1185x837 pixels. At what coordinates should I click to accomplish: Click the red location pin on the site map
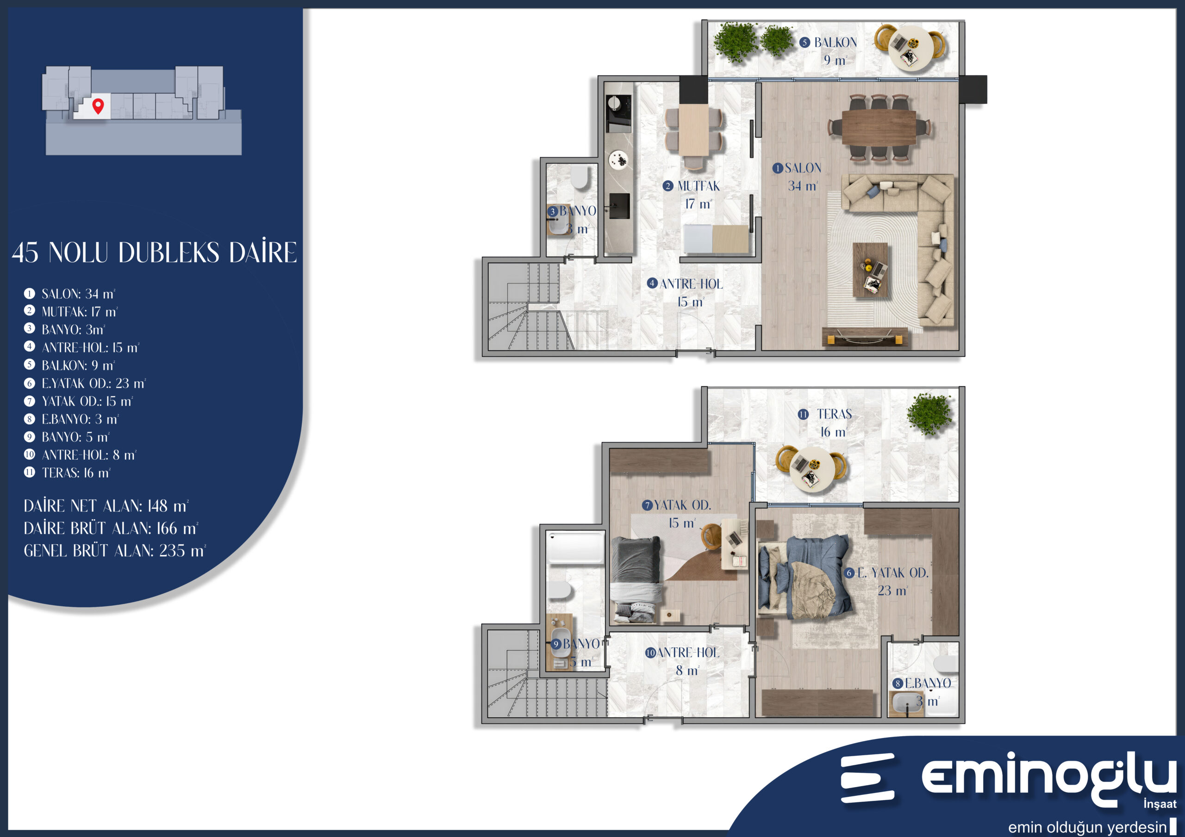98,106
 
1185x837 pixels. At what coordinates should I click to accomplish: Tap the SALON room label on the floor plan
803,168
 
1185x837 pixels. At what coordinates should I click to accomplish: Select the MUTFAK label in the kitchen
699,186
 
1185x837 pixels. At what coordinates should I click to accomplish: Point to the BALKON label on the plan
835,43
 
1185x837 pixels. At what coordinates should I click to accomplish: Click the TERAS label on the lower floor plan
834,414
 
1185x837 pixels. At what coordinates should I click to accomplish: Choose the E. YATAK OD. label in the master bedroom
893,573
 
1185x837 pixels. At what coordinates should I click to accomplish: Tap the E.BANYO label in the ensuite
928,683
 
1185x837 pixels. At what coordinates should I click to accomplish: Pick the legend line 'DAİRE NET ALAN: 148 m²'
106,506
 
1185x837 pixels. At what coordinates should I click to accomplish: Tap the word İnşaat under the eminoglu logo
1160,804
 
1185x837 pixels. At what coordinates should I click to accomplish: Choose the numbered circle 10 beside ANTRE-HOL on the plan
650,653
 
